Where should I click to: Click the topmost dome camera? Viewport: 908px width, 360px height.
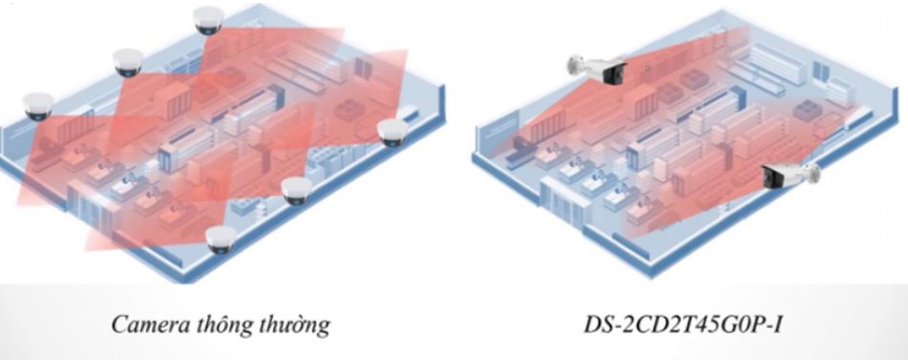(x=208, y=20)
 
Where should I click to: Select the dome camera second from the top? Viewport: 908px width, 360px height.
(x=128, y=62)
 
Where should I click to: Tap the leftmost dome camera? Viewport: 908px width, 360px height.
(x=39, y=106)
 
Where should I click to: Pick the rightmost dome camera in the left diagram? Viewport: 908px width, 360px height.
(x=393, y=133)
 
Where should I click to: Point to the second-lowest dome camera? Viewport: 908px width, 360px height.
(x=297, y=190)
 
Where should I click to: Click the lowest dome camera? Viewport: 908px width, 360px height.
(x=222, y=240)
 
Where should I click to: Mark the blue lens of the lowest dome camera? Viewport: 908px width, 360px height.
(x=221, y=250)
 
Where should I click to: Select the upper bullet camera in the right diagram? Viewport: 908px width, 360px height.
(x=598, y=69)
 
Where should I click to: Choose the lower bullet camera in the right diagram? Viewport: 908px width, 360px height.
(x=791, y=176)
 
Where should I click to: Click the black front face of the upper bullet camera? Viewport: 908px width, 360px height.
(x=611, y=74)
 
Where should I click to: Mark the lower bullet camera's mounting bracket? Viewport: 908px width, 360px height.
(x=814, y=171)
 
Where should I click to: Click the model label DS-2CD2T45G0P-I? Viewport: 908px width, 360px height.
(x=684, y=324)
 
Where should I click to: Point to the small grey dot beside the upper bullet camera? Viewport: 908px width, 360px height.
(x=647, y=69)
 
